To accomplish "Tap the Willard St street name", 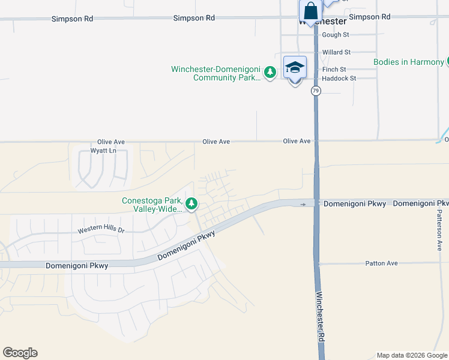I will (336, 52).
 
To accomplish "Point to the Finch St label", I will (334, 70).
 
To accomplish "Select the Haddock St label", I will (339, 79).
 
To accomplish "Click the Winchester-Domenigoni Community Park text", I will (215, 73).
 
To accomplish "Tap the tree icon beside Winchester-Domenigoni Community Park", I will (271, 73).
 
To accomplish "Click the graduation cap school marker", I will (295, 68).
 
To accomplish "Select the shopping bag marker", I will (310, 11).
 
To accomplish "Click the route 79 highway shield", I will (316, 91).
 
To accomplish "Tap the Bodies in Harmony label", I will (408, 62).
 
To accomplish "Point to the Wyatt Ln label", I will (103, 151).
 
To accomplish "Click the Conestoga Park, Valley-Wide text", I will (152, 205).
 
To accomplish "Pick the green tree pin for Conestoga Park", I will (191, 204).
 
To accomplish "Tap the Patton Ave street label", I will (381, 263).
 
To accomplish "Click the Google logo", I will (20, 353).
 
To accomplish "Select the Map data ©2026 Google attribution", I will (412, 355).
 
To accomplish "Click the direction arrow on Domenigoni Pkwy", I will (303, 204).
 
